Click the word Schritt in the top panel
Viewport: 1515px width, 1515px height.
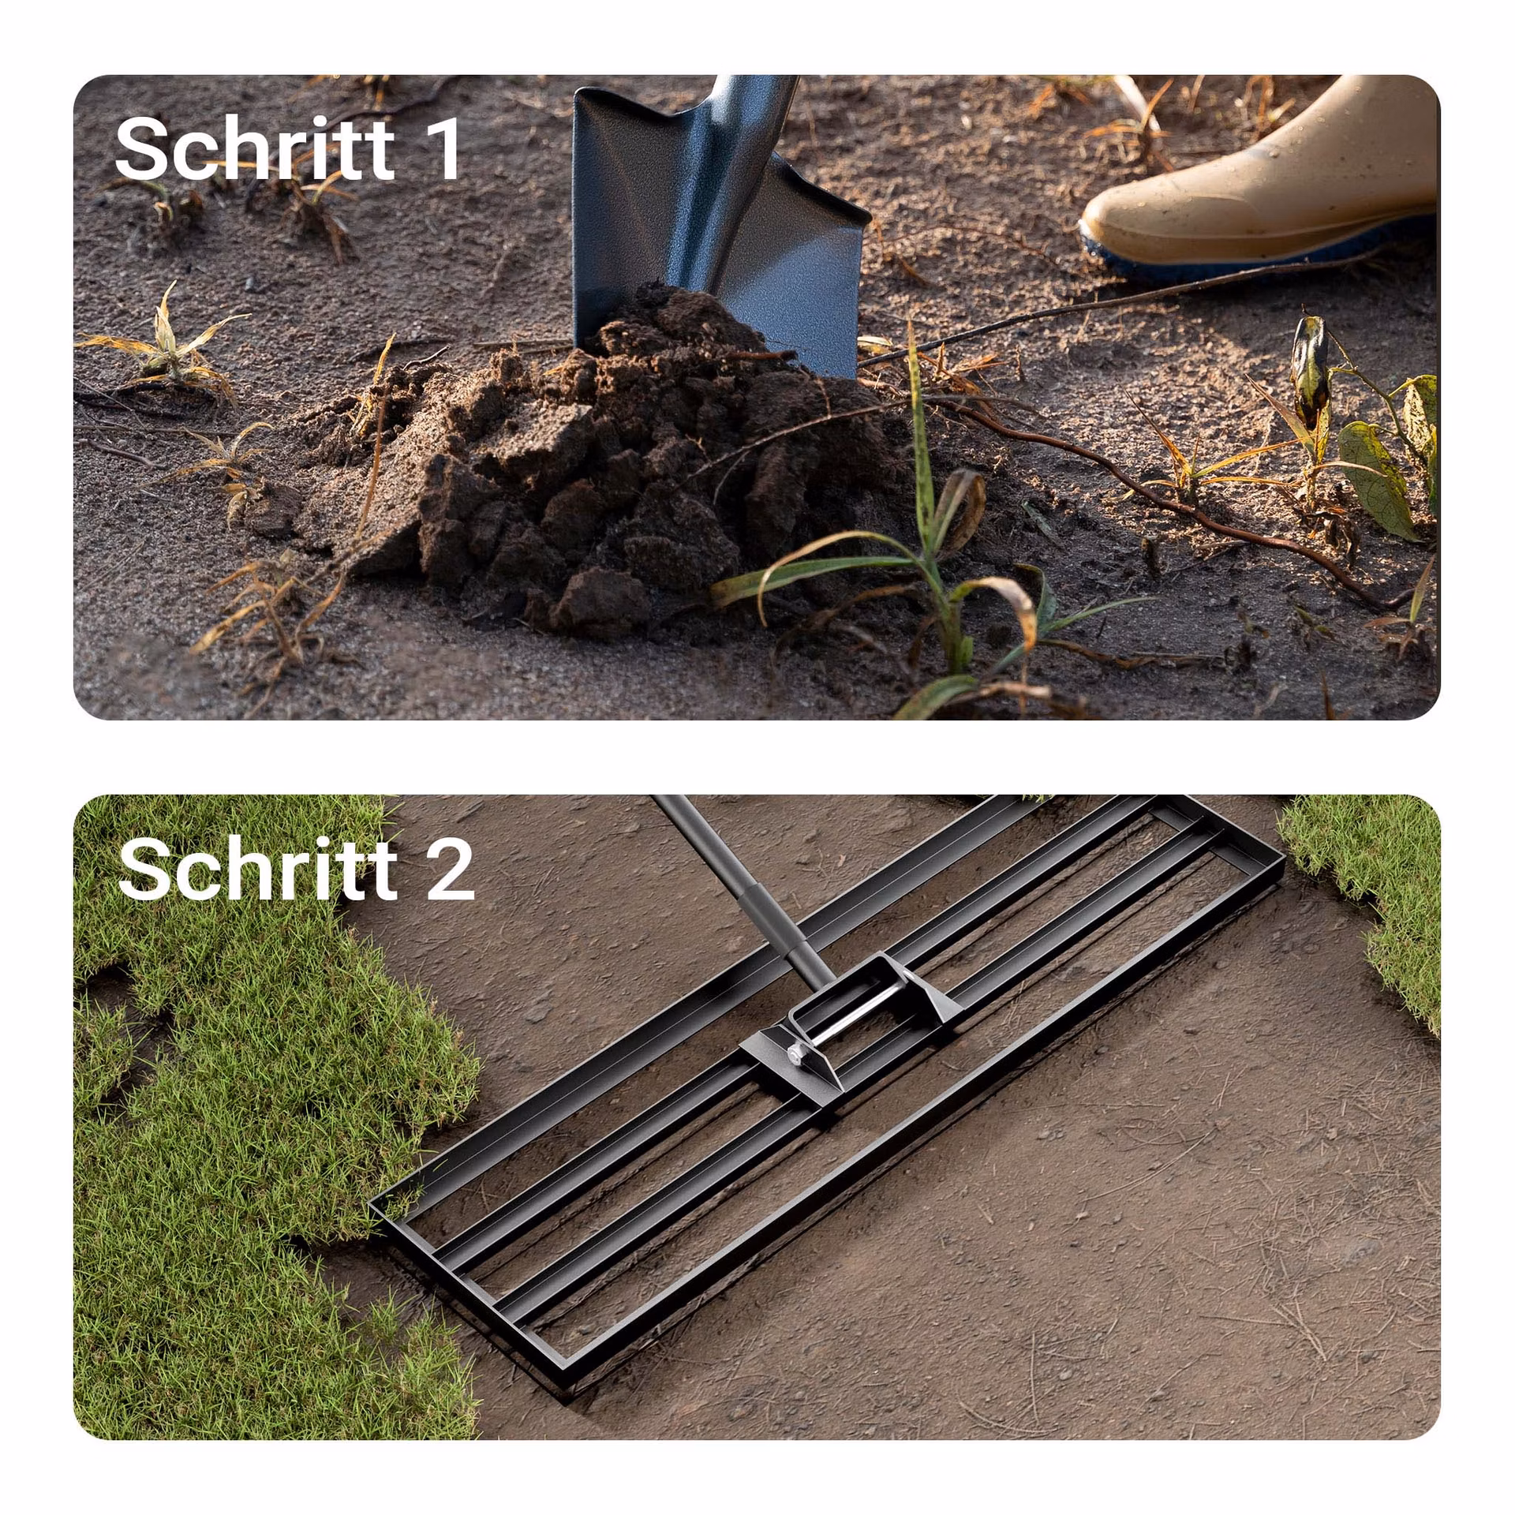tap(254, 148)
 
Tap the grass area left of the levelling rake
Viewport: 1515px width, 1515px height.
tap(260, 1105)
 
